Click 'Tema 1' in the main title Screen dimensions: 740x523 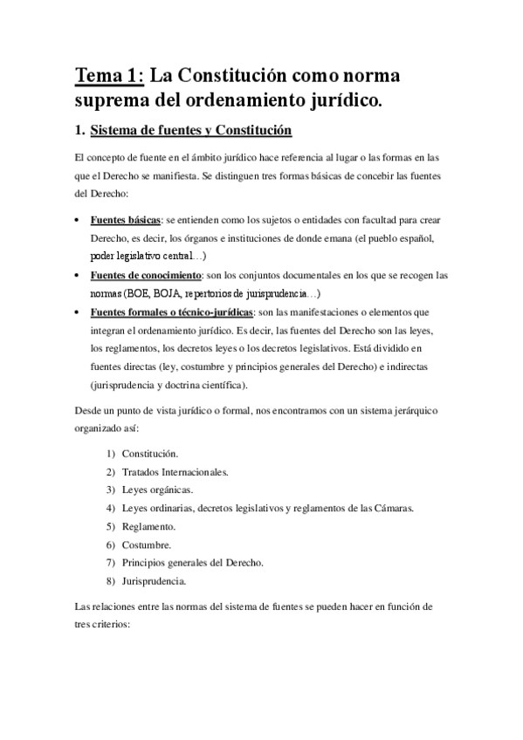point(105,75)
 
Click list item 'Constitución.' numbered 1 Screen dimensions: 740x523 point(150,455)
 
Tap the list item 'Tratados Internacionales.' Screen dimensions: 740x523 point(175,472)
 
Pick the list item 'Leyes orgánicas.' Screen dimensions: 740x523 point(157,490)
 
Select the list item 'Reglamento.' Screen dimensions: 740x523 point(148,526)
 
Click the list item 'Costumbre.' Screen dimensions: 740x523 point(146,545)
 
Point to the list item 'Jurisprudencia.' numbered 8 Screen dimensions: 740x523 point(154,580)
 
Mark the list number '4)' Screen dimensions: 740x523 point(111,508)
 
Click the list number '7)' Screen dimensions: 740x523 point(111,562)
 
